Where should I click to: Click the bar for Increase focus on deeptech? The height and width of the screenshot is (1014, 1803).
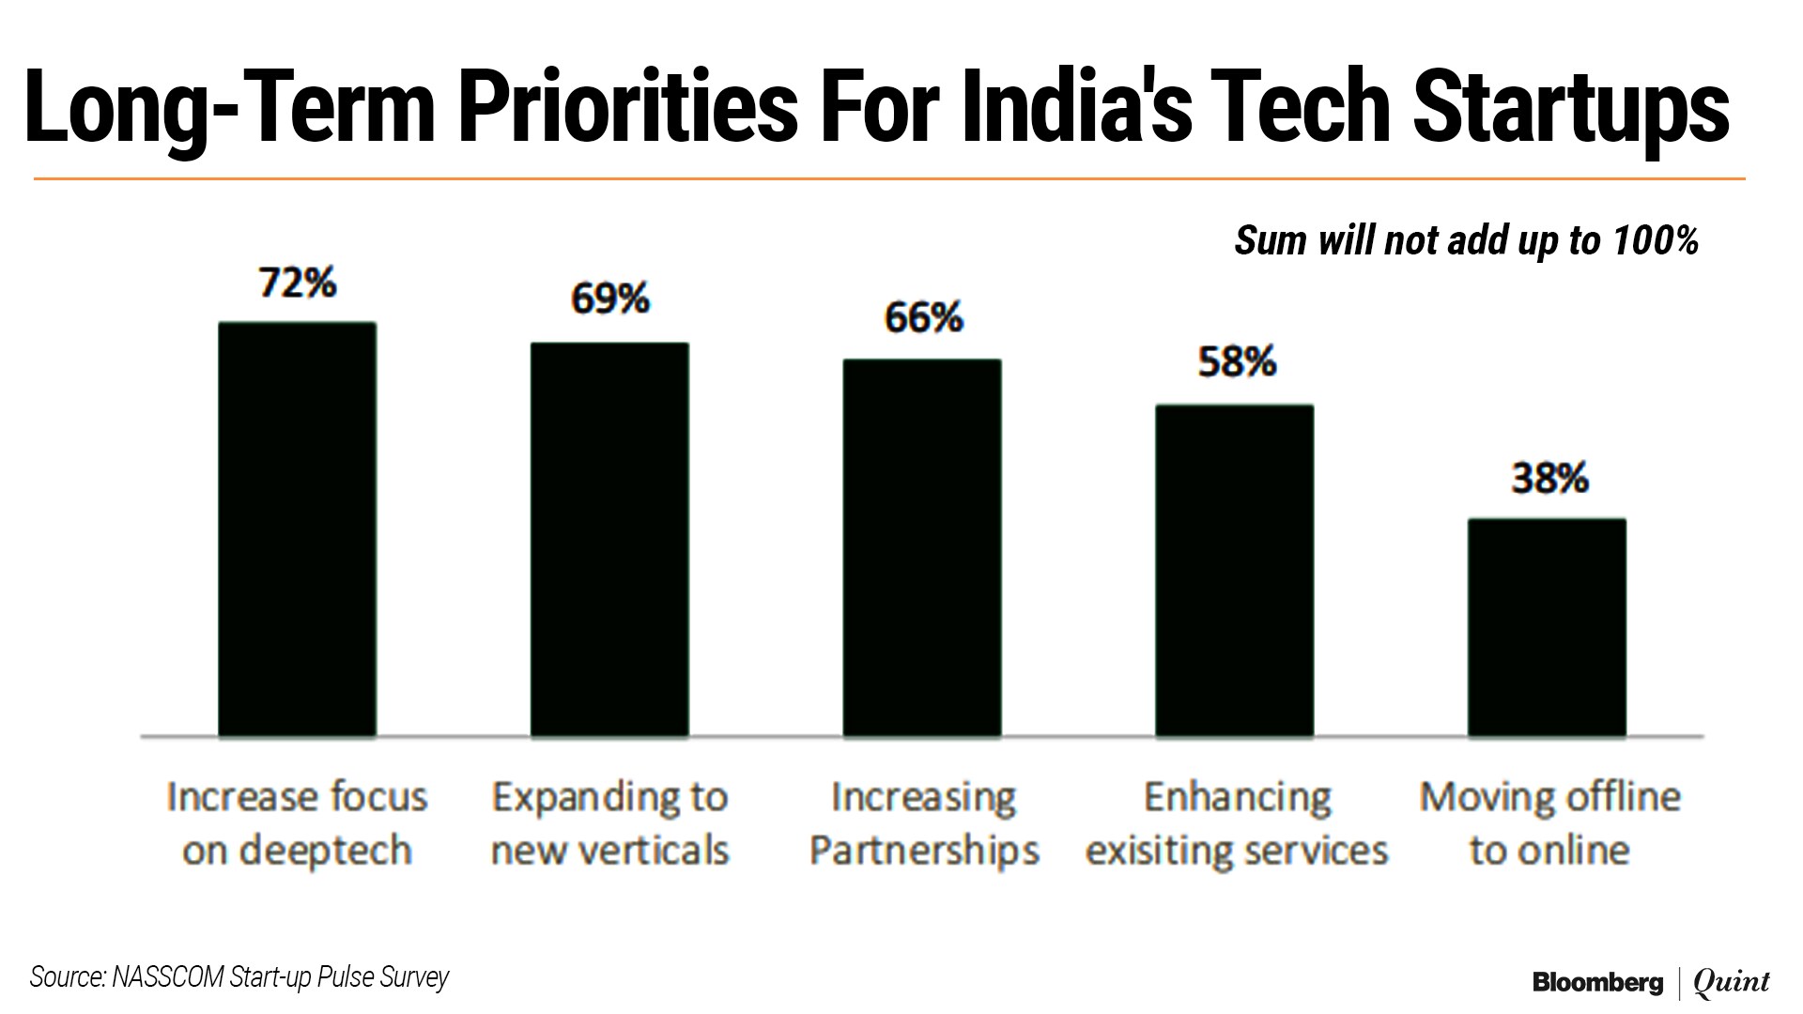pos(297,530)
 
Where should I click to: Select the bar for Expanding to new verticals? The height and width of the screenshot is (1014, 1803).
pos(609,540)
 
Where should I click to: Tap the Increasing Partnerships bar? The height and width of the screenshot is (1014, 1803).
pos(922,548)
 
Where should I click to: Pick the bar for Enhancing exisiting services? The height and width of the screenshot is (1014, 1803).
pos(1234,571)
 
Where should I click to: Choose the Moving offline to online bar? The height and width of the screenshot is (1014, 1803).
pos(1547,627)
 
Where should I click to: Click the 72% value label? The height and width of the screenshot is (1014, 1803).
pos(298,283)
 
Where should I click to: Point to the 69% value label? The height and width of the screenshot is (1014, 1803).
pos(610,300)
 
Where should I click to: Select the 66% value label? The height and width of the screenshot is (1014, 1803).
pos(923,318)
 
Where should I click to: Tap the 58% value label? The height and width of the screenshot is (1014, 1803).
pos(1237,362)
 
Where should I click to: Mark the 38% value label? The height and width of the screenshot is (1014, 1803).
pos(1549,479)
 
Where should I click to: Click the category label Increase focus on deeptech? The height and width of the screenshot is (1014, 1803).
pos(297,823)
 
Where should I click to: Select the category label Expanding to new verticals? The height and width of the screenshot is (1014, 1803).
pos(609,823)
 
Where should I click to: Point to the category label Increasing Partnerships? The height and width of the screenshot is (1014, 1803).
pos(923,823)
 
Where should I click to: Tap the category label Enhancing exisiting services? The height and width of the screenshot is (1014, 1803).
pos(1237,823)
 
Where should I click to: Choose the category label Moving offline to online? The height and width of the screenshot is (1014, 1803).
pos(1549,823)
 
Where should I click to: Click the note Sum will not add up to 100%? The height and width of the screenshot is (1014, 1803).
pos(1466,240)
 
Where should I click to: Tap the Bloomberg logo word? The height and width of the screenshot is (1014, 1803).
pos(1597,982)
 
